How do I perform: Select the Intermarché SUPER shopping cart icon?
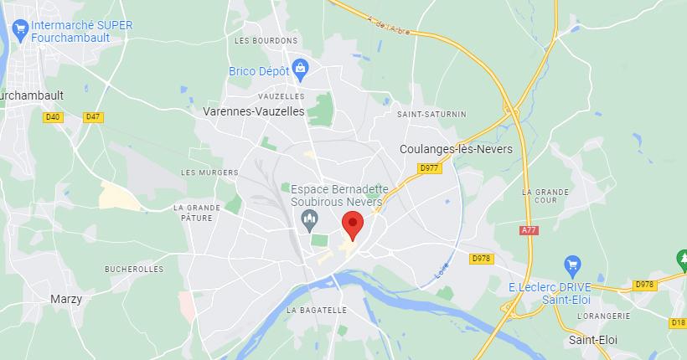19,31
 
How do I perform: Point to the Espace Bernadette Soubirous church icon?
309,222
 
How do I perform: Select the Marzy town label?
65,299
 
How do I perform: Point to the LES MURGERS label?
204,172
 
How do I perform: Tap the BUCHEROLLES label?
134,269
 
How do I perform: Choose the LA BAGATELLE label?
317,310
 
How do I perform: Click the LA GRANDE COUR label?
546,197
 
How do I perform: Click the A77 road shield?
529,230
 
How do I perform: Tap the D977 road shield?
430,167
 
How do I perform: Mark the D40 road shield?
53,117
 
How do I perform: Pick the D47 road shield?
93,117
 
